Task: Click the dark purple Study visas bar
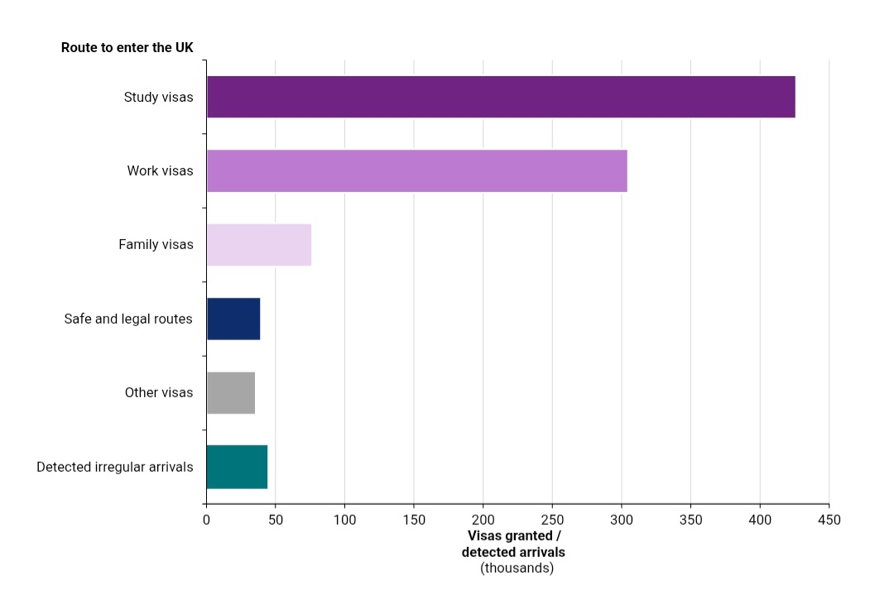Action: pos(501,97)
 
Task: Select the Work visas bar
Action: pos(416,170)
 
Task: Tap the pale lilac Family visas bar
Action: pos(258,244)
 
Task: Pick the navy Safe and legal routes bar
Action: pos(233,319)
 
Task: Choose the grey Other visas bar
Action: pos(230,392)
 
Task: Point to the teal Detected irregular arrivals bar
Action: pos(236,467)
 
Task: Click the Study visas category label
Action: pos(158,97)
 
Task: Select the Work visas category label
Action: pos(160,170)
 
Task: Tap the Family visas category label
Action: pos(156,244)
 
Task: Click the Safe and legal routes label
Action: pos(128,319)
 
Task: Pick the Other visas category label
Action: pos(159,392)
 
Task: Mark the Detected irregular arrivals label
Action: pos(115,467)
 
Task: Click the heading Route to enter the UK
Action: pos(127,47)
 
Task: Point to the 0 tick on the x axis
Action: pos(206,520)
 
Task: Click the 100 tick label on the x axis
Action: pos(344,520)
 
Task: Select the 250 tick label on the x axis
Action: pos(552,520)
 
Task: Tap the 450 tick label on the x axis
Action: pos(829,520)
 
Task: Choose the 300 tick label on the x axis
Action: pos(622,520)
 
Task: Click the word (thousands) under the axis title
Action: pos(517,568)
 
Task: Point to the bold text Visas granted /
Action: pos(514,535)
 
